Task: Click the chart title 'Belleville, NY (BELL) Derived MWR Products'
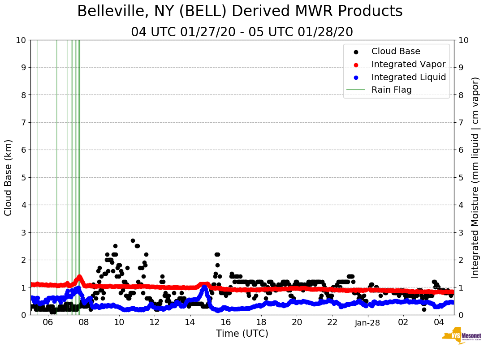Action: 240,12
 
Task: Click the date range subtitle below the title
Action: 242,32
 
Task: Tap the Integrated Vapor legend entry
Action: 408,64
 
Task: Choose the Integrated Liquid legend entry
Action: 408,77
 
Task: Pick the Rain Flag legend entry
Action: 391,90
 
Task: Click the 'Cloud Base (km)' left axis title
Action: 9,177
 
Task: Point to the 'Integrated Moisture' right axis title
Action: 475,177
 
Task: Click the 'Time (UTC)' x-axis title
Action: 242,334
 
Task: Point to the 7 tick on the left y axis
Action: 22,122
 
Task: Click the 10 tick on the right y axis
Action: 463,40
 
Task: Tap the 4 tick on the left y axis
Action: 22,205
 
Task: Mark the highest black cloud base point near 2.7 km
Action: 133,240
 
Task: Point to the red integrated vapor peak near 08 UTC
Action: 79,277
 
